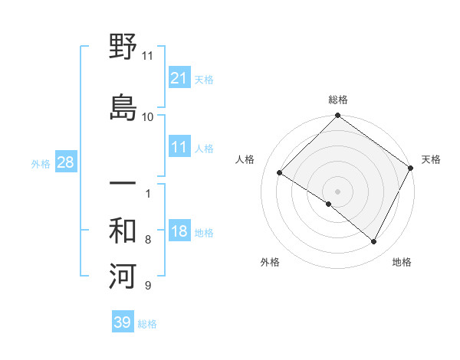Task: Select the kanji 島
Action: [x=123, y=107]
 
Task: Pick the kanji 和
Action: [x=123, y=231]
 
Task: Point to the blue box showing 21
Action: [x=179, y=77]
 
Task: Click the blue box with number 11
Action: [x=179, y=147]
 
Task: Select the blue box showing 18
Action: [x=179, y=231]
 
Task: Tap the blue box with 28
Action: [x=65, y=162]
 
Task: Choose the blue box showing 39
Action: [x=123, y=322]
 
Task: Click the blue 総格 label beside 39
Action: [x=147, y=324]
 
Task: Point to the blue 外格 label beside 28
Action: [x=41, y=164]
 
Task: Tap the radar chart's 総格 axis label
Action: [x=338, y=100]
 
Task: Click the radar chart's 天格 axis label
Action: [x=431, y=159]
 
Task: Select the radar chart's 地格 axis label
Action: [x=402, y=262]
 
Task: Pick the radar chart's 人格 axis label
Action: [x=245, y=159]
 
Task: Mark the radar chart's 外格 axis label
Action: [x=270, y=262]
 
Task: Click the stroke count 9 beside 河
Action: [x=148, y=286]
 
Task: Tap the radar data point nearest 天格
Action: [x=410, y=168]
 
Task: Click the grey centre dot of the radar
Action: [x=337, y=191]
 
